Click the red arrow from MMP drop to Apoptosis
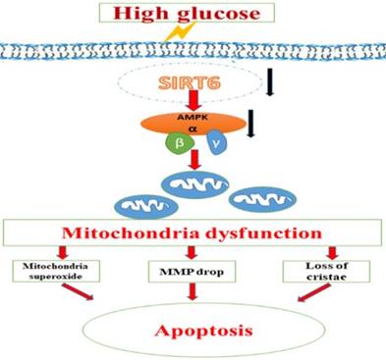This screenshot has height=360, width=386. click(193, 291)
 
